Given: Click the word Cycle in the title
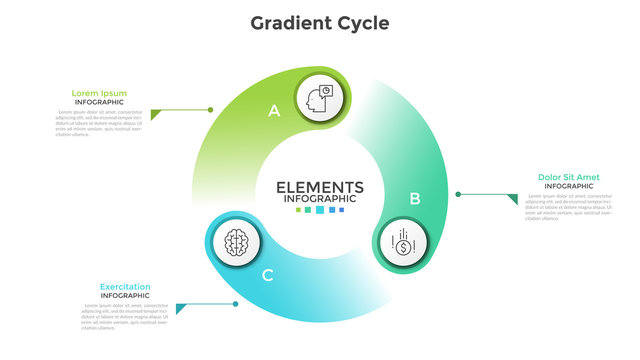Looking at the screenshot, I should click(x=360, y=22).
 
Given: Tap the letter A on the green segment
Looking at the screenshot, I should click(x=274, y=112).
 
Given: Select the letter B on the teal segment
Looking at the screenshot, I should click(x=415, y=198).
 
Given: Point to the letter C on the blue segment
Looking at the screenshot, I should click(x=267, y=275).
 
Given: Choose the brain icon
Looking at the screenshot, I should click(x=237, y=241).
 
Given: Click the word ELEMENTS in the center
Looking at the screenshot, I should click(x=319, y=186).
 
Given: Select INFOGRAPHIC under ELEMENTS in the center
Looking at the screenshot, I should click(x=319, y=198).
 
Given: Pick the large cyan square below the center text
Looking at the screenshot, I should click(x=319, y=210).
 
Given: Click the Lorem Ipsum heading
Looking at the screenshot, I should click(x=98, y=93).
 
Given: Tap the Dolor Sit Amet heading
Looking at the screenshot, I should click(x=568, y=177).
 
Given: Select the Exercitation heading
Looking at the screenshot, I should click(x=125, y=287).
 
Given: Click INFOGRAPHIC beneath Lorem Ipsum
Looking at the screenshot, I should click(x=98, y=102).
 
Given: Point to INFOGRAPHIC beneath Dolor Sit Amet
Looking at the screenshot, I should click(x=568, y=186).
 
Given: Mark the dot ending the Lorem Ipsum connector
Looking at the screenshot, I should click(x=211, y=110).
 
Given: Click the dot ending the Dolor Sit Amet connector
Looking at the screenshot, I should click(x=458, y=194).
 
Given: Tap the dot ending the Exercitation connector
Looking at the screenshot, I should click(x=236, y=304).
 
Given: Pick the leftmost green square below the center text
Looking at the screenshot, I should click(x=298, y=210).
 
